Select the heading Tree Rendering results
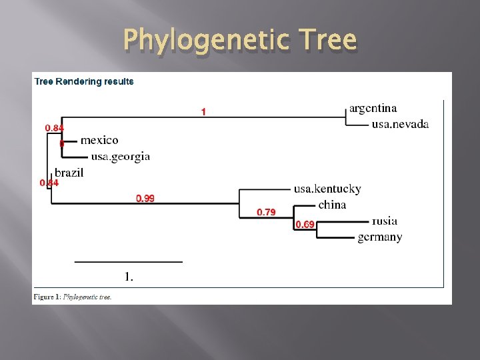coord(84,82)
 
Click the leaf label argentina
coord(373,108)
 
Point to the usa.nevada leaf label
coord(400,124)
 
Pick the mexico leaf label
coord(99,140)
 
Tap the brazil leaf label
coord(69,173)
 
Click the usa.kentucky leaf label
coord(327,189)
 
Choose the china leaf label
coord(332,205)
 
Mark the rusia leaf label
coord(385,221)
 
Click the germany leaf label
coord(379,237)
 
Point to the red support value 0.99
coord(145,199)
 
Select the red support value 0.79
coord(266,213)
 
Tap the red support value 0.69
coord(305,225)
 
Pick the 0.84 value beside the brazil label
coord(49,183)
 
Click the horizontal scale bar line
coord(128,262)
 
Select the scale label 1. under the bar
coord(129,276)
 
